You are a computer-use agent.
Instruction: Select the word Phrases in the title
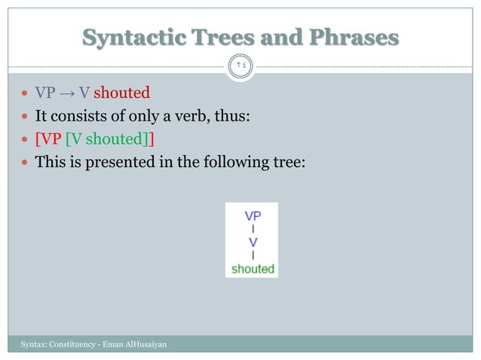click(354, 37)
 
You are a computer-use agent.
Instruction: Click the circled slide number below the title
click(241, 66)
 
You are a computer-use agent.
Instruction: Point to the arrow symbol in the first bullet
click(66, 93)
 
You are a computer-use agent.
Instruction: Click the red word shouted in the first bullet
click(121, 93)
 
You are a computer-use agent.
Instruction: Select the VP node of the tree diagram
click(252, 215)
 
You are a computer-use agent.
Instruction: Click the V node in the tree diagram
click(253, 242)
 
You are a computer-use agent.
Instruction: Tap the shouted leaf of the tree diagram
click(252, 268)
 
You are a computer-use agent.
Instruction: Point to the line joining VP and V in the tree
click(253, 228)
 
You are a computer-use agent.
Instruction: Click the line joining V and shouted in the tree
click(253, 255)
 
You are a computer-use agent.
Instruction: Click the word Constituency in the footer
click(71, 344)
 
